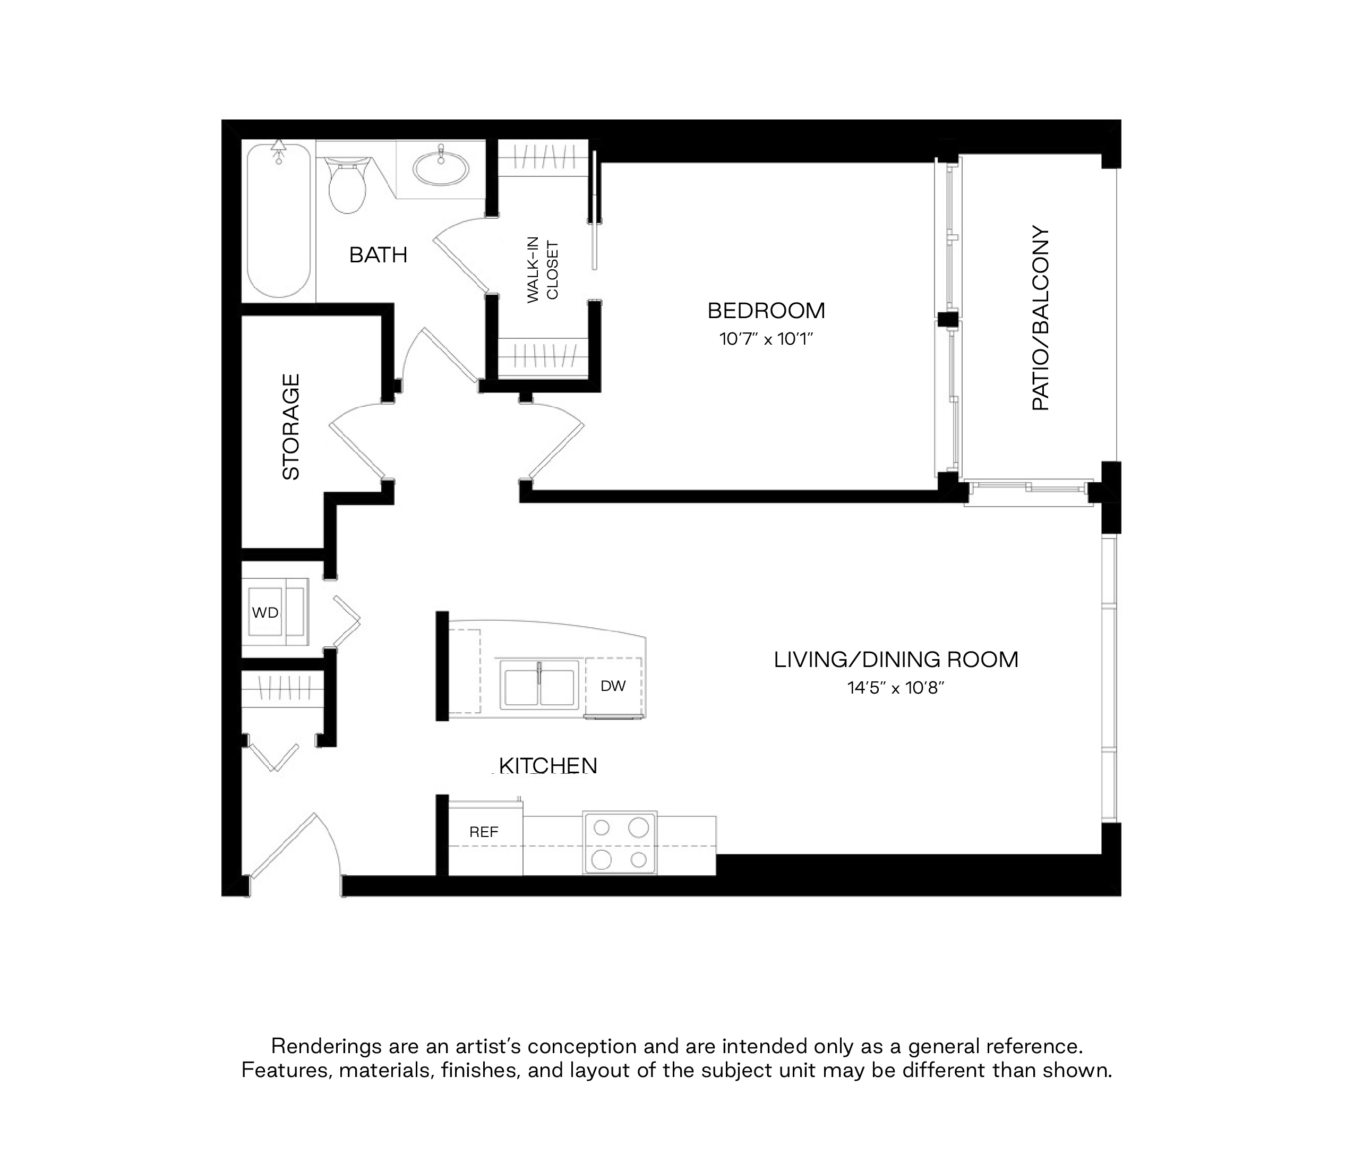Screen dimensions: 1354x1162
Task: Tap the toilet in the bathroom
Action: pos(346,185)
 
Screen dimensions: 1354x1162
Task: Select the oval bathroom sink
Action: pos(441,168)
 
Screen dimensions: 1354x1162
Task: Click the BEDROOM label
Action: pos(766,311)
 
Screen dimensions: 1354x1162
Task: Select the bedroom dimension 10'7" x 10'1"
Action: pos(766,339)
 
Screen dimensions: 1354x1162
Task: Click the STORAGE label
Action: pos(291,427)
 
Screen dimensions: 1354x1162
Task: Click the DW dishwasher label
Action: pos(613,686)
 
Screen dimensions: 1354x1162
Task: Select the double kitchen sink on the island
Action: pos(539,684)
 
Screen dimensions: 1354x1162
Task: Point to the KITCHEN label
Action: pos(547,766)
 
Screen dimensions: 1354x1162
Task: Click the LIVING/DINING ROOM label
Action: pos(896,660)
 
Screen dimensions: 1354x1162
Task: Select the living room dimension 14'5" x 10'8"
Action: pos(896,688)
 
